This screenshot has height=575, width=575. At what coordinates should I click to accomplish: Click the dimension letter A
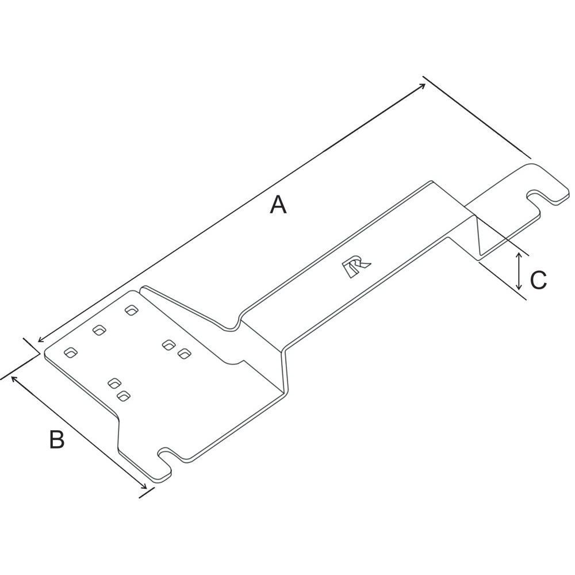coord(278,205)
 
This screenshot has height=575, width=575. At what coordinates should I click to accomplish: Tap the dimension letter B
coord(56,440)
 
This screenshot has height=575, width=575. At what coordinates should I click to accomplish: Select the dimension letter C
coord(538,281)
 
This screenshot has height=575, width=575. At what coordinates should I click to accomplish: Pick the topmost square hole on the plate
coord(132,310)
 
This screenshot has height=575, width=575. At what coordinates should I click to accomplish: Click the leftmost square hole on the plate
coord(71,352)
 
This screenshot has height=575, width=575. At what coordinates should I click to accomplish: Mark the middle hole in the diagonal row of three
coord(99,331)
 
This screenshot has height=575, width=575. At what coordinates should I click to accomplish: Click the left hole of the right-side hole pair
coord(168,344)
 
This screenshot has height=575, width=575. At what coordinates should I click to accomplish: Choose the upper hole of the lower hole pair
coord(114,382)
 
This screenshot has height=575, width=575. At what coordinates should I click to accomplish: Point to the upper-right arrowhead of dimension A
coord(423,86)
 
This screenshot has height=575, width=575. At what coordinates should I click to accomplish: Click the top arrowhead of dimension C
coord(519,255)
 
